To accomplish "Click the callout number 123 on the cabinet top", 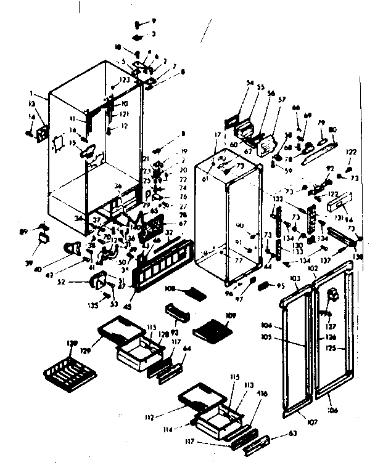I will tap(125, 79).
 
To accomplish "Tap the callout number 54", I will tap(250, 82).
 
